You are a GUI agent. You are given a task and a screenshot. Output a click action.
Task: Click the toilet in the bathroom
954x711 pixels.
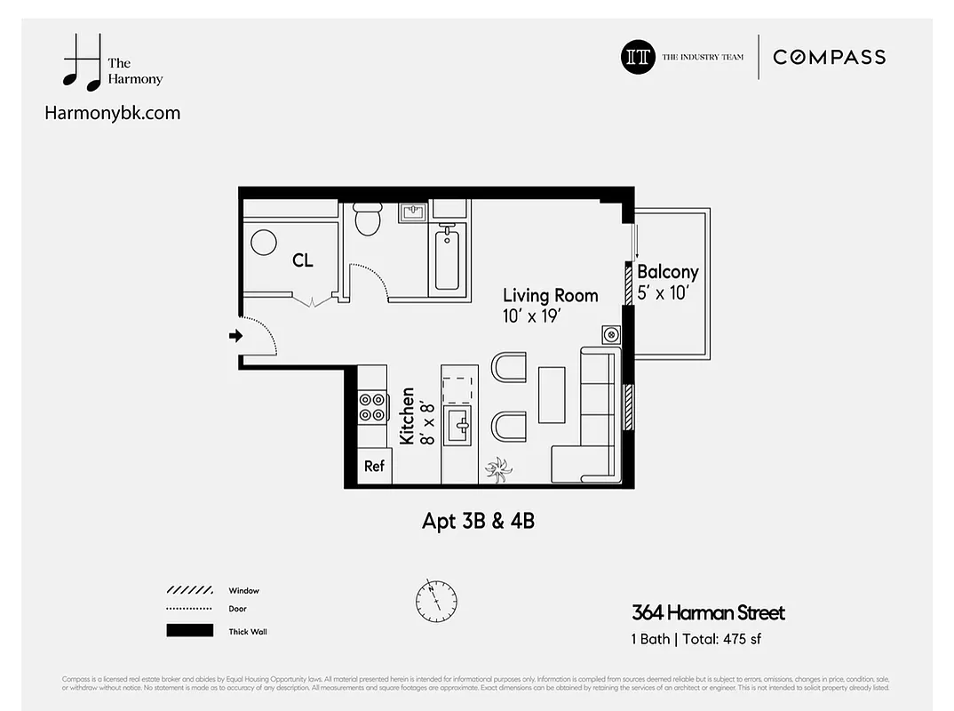pyautogui.click(x=367, y=219)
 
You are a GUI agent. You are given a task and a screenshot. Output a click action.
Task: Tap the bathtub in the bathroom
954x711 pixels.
pyautogui.click(x=447, y=258)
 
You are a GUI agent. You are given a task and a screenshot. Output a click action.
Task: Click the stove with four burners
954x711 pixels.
pyautogui.click(x=372, y=406)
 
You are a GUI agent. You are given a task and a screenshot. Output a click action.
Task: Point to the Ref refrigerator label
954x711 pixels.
pyautogui.click(x=374, y=466)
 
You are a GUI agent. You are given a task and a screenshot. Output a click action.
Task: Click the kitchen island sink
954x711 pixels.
pyautogui.click(x=457, y=425)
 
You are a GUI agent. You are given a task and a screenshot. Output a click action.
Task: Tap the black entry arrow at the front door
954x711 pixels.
pyautogui.click(x=235, y=336)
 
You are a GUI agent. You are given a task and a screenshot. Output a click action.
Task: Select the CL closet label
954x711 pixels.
pyautogui.click(x=303, y=260)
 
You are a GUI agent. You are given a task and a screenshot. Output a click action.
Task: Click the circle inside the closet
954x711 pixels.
pyautogui.click(x=264, y=243)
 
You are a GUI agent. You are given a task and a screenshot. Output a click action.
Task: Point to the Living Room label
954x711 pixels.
pyautogui.click(x=550, y=295)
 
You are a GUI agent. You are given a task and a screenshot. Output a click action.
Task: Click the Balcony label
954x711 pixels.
pyautogui.click(x=667, y=272)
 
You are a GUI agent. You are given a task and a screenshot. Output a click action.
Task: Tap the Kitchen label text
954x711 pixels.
pyautogui.click(x=407, y=416)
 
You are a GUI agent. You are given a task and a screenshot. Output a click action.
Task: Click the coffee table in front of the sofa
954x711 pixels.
pyautogui.click(x=552, y=395)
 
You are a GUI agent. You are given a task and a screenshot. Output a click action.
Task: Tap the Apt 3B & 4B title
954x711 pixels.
pyautogui.click(x=478, y=521)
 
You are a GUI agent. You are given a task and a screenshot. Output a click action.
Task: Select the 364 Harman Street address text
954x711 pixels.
pyautogui.click(x=708, y=612)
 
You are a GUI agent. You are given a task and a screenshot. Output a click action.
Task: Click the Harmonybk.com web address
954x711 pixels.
pyautogui.click(x=112, y=112)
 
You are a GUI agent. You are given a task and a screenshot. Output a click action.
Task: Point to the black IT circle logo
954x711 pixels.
pyautogui.click(x=637, y=57)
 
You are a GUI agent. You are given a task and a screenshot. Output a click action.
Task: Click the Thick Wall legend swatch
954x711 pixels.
pyautogui.click(x=189, y=631)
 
